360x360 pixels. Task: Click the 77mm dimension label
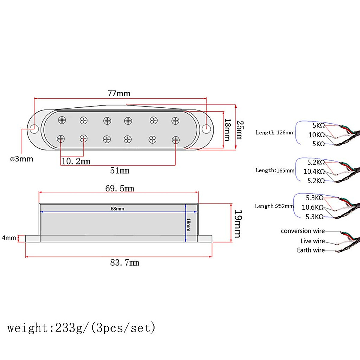point(119,93)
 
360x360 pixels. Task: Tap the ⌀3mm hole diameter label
point(21,159)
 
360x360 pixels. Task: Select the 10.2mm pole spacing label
point(76,161)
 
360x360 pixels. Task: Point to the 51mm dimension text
point(120,171)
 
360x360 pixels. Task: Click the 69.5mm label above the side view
point(120,188)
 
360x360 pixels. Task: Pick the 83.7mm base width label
point(124,263)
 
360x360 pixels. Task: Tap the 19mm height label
point(238,223)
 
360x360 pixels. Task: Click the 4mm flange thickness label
point(9,238)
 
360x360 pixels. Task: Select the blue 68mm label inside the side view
point(117,208)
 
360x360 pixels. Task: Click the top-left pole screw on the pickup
point(62,120)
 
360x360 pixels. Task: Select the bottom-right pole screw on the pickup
point(175,140)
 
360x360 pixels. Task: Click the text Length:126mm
point(275,133)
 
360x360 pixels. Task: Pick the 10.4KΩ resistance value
point(314,171)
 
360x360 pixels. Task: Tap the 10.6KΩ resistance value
point(313,207)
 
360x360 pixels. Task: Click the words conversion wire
point(303,231)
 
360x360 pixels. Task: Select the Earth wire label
point(311,250)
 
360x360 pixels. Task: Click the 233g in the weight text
point(65,328)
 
